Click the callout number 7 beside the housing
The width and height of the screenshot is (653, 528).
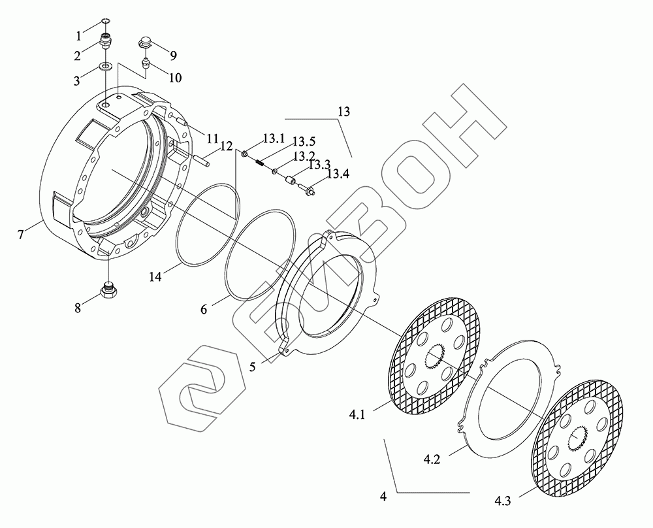(20, 234)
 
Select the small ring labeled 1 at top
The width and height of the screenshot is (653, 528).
(106, 21)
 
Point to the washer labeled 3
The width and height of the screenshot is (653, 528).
(106, 66)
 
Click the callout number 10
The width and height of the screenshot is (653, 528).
(175, 78)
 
